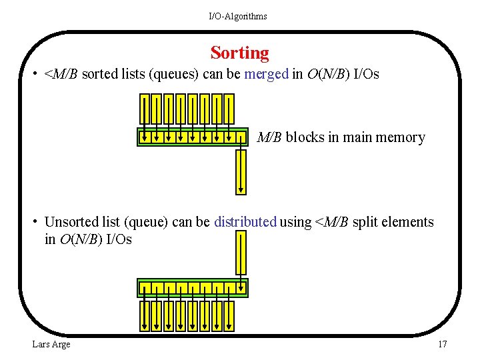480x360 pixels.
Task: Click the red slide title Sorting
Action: click(x=239, y=53)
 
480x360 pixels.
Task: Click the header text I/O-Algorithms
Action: click(x=237, y=16)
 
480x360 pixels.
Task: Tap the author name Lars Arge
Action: click(x=51, y=344)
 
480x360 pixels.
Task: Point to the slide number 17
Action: click(x=442, y=344)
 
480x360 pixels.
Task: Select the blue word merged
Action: click(x=266, y=74)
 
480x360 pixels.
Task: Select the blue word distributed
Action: click(x=245, y=222)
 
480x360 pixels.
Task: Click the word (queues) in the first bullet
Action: click(x=174, y=74)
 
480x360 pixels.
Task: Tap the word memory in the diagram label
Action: click(x=400, y=138)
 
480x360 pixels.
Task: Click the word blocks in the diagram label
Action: click(x=305, y=138)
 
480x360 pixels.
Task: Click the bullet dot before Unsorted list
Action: click(x=34, y=222)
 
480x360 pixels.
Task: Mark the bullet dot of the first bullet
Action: click(x=34, y=74)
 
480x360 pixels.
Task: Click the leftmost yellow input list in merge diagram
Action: click(x=144, y=109)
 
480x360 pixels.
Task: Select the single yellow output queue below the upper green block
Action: click(x=241, y=172)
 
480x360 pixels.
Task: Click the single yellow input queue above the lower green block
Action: click(x=241, y=253)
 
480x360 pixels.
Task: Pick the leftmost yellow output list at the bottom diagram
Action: click(x=144, y=315)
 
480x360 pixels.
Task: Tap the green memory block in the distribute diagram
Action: click(x=192, y=289)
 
